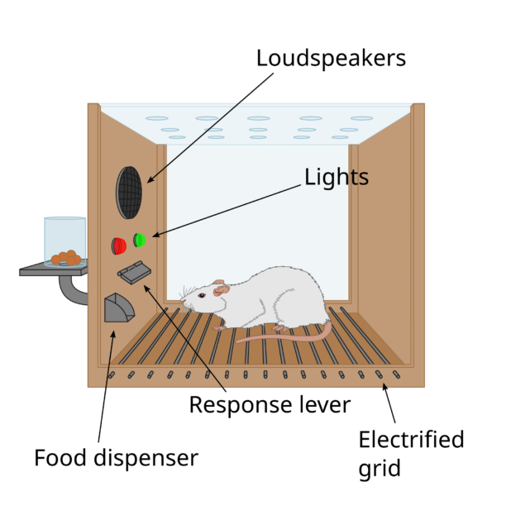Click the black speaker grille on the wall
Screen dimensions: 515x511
tap(129, 193)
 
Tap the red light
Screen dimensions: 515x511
tap(119, 246)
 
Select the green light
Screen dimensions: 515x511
tap(140, 240)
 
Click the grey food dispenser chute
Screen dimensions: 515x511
tap(118, 308)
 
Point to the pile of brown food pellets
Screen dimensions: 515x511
tap(66, 258)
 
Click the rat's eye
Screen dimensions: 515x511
tap(202, 295)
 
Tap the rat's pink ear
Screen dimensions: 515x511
tap(221, 288)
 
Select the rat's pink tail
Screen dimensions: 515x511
tap(289, 336)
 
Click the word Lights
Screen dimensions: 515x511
tap(336, 178)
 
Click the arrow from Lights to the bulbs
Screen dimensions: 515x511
tap(227, 211)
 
